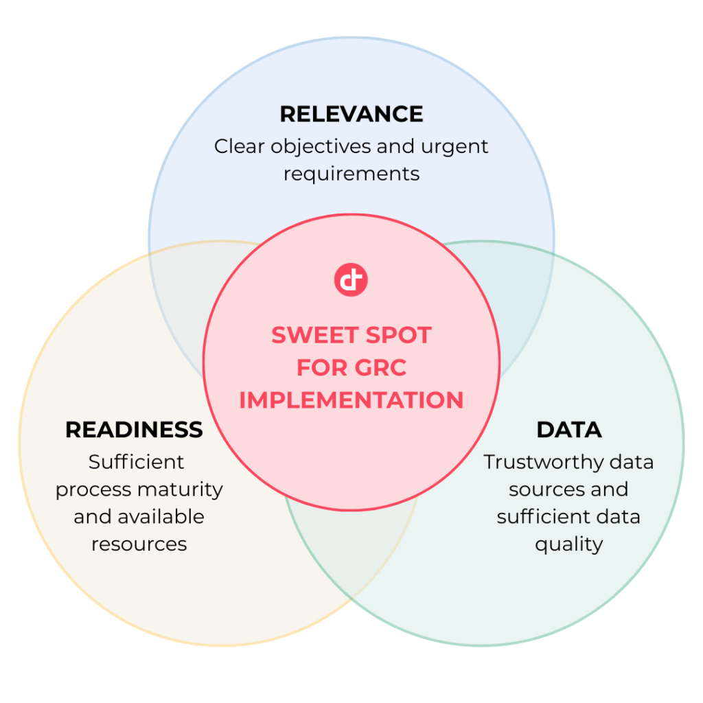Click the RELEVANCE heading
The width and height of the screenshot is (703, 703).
pos(351,114)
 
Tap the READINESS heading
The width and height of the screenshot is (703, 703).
pos(134,430)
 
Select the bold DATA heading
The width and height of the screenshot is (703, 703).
pos(569,430)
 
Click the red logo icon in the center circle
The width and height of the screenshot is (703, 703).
pos(351,280)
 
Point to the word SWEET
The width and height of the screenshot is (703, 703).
pos(314,335)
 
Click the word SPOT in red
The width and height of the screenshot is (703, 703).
pos(399,335)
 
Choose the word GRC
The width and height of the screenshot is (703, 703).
pos(380,368)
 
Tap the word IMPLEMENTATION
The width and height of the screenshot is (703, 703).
pos(351,400)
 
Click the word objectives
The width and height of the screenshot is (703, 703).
pos(321,147)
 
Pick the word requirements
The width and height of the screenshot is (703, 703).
pos(351,174)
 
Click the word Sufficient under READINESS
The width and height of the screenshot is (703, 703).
pos(136,462)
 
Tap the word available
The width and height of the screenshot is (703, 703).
pos(161,516)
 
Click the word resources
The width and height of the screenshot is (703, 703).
pos(139,544)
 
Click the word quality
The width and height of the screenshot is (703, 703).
pos(569,544)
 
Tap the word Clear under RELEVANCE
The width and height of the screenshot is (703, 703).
pos(239,146)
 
